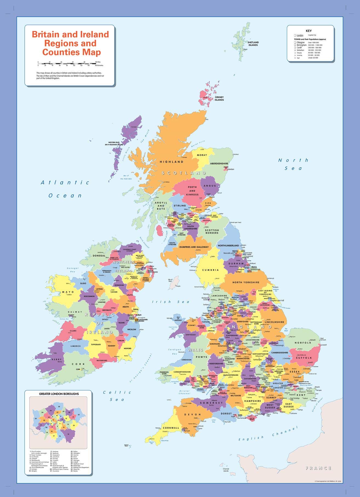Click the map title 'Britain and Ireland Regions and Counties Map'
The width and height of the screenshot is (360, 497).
point(70,43)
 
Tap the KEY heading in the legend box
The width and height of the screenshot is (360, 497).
point(308,31)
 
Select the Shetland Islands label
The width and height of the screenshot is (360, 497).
point(253,44)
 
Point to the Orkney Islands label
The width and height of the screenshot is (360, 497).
point(219,98)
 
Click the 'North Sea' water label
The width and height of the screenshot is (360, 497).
point(293,164)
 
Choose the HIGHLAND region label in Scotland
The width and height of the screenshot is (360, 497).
point(172,162)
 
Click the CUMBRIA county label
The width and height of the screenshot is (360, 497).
point(210,270)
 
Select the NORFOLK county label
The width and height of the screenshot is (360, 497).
point(303,343)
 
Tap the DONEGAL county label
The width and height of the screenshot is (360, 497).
point(99,255)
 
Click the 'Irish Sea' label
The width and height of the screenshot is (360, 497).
point(171,302)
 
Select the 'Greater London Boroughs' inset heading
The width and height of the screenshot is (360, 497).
point(59,394)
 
